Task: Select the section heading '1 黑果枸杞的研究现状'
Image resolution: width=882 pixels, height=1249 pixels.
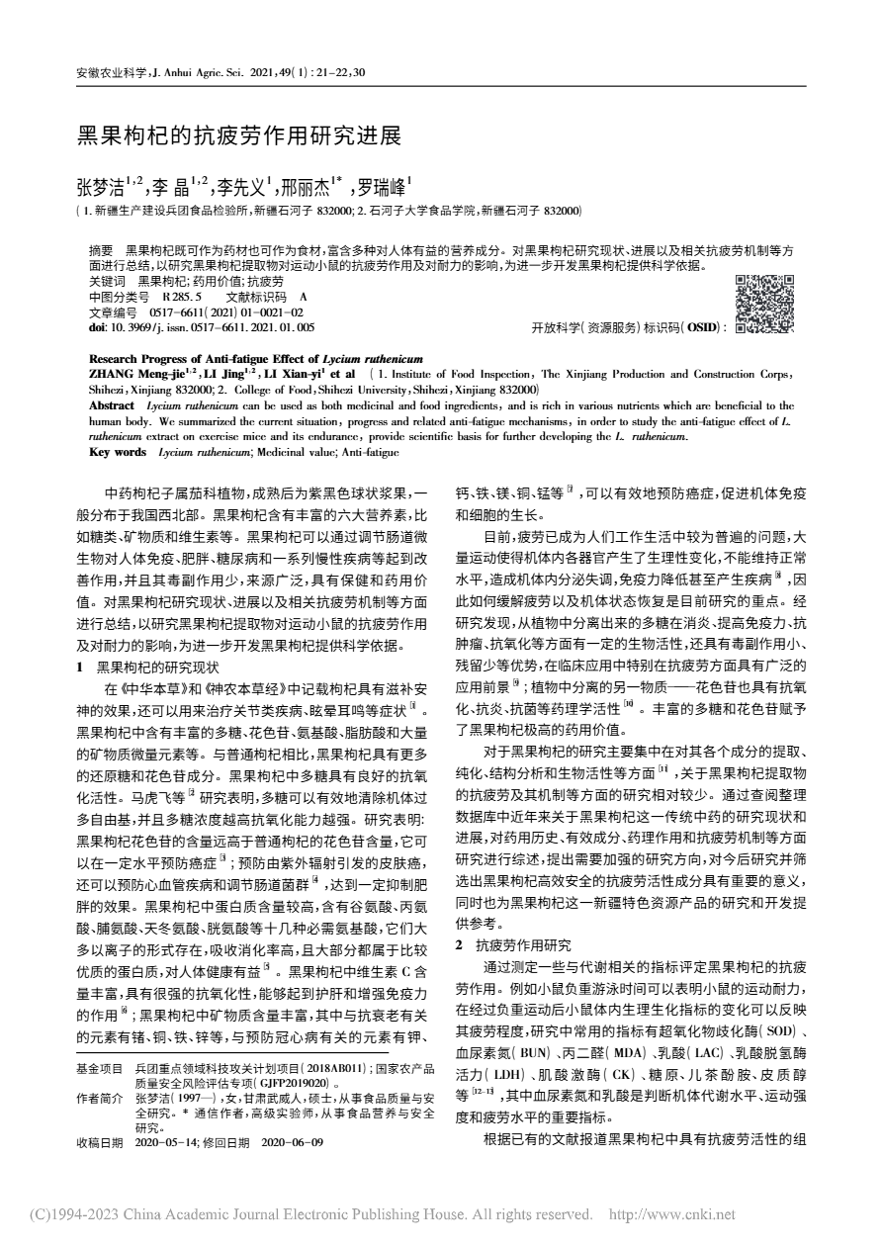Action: tap(147, 667)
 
